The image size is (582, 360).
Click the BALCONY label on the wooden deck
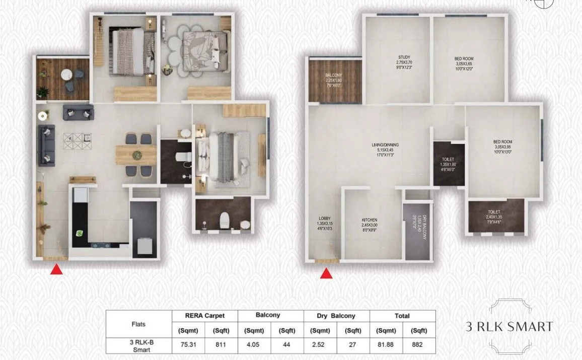tap(333, 76)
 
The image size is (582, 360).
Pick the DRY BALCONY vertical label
tap(424, 227)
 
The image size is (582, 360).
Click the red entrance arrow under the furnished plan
tap(57, 270)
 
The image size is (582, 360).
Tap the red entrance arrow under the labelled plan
tap(326, 273)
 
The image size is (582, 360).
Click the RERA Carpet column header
tap(205, 316)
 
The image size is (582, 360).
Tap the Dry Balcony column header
tap(337, 316)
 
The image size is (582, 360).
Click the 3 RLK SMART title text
tap(509, 326)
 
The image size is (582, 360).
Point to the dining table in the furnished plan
tap(136, 155)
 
